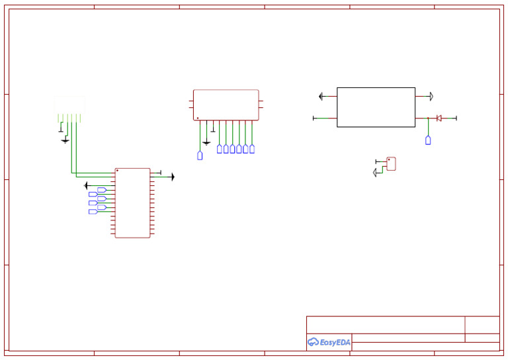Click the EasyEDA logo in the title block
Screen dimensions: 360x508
(x=329, y=342)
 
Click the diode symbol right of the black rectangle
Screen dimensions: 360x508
(x=439, y=118)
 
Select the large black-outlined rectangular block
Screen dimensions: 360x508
(x=376, y=107)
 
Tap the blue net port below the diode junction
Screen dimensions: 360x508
(x=428, y=140)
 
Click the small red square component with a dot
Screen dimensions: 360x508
(x=391, y=164)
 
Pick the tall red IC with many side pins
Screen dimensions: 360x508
(x=132, y=202)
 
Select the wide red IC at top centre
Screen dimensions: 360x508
(x=226, y=105)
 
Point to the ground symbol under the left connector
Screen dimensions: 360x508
(x=65, y=140)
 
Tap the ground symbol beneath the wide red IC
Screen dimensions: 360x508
(x=206, y=142)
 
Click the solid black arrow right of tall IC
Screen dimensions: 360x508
(x=172, y=177)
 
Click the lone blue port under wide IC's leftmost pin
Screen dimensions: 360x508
(x=200, y=156)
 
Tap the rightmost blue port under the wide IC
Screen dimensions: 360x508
(x=252, y=149)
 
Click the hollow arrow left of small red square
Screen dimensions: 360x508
(x=376, y=172)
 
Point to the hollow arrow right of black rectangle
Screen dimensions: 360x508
(x=431, y=97)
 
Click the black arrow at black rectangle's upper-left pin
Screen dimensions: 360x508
(x=321, y=97)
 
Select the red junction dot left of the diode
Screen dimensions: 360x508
(x=428, y=118)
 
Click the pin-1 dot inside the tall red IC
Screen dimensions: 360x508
(x=118, y=171)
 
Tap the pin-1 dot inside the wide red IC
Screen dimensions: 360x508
(x=196, y=118)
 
